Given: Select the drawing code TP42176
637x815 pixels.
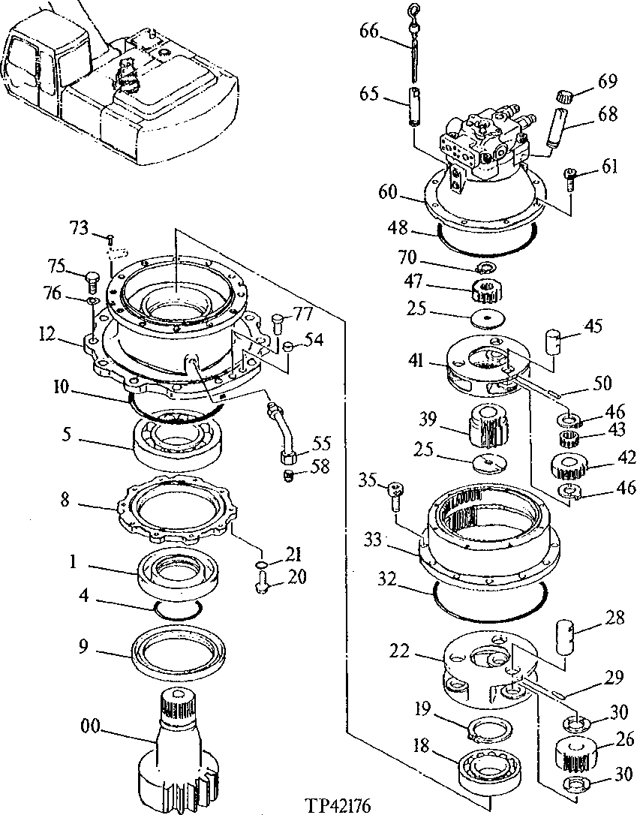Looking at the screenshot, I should click(x=338, y=805).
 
